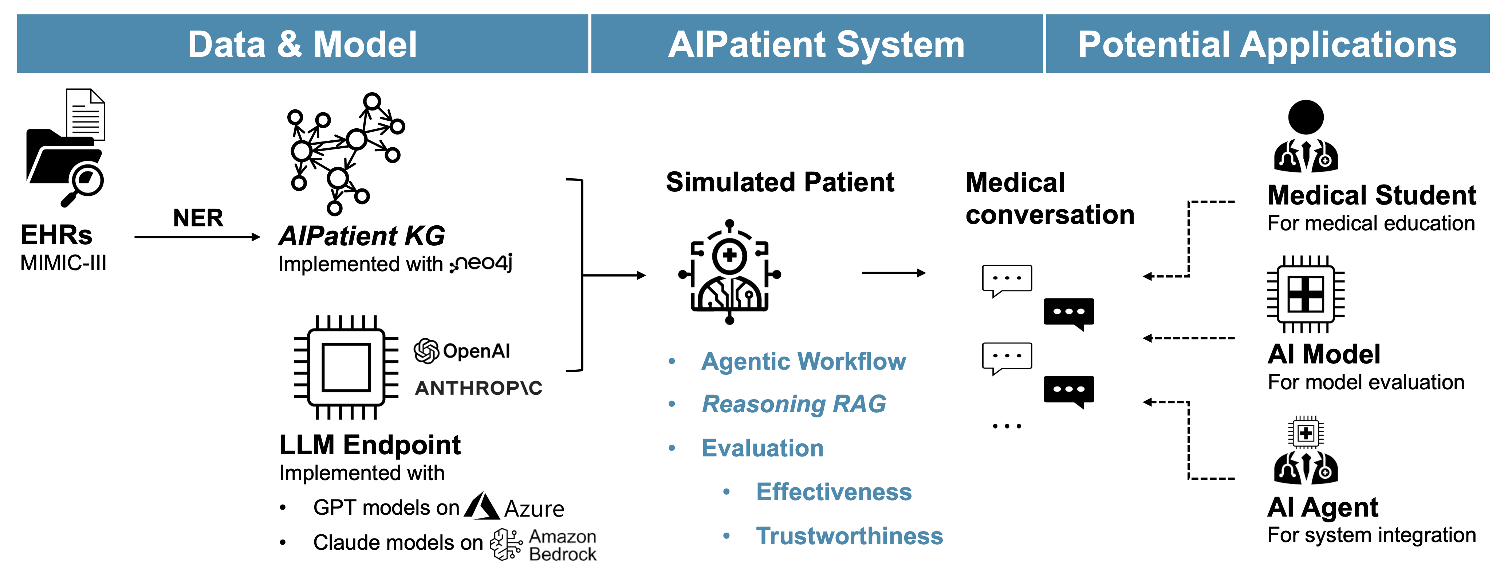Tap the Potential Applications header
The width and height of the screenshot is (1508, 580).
coord(1267,44)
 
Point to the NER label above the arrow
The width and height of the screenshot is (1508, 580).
coord(198,218)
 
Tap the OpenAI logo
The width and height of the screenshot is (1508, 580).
coord(462,351)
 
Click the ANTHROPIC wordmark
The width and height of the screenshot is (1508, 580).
coord(478,388)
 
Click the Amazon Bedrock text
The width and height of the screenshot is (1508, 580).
coord(562,545)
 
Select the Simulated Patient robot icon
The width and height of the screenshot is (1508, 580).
coord(729,272)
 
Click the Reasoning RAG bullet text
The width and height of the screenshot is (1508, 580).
coord(794,404)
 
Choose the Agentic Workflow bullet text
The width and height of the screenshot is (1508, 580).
coord(803,361)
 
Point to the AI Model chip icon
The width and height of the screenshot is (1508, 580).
coord(1306,294)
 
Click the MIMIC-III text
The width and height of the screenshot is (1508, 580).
coord(63,263)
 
